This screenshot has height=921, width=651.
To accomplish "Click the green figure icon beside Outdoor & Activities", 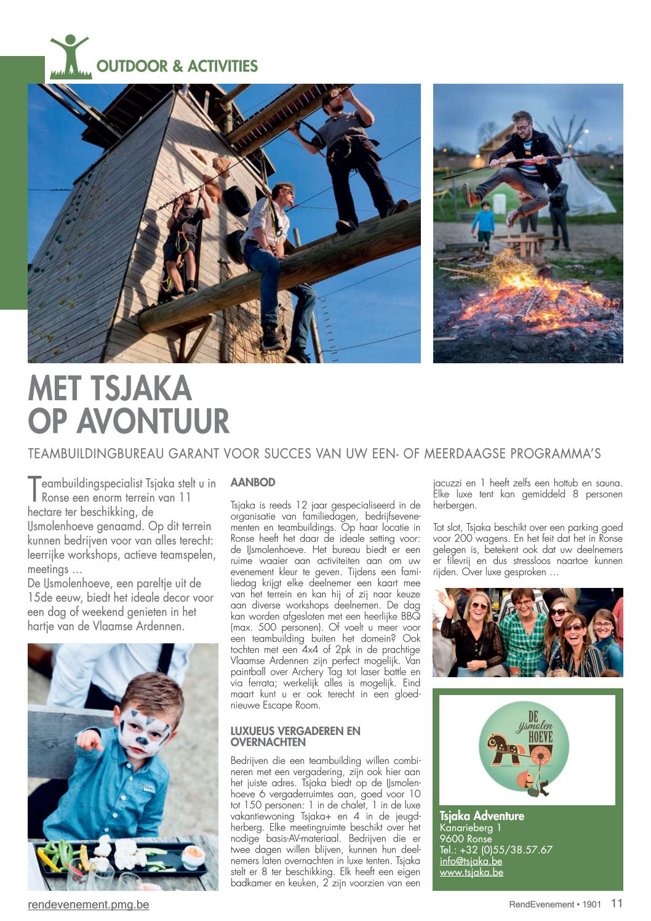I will [x=70, y=58].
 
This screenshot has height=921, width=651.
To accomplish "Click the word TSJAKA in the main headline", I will [x=142, y=389].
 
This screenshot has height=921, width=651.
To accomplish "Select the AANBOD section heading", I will [x=252, y=483].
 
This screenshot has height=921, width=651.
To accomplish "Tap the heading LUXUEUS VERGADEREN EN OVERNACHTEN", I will [x=295, y=736].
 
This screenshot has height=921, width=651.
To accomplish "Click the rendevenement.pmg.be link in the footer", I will [x=88, y=904].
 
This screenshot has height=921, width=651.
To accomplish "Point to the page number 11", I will [x=617, y=903].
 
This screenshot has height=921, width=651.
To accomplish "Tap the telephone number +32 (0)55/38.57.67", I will [x=496, y=850].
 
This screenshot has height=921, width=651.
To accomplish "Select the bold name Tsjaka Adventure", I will [x=482, y=816].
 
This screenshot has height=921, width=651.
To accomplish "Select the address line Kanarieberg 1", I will [x=470, y=827].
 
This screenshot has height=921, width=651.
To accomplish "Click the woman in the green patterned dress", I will [x=522, y=637].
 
